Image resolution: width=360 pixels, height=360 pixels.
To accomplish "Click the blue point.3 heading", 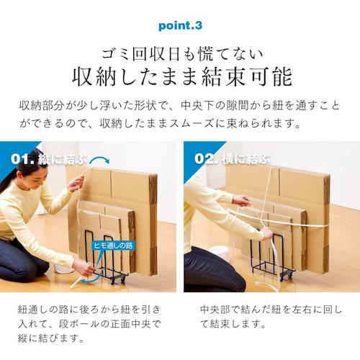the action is coord(180,26).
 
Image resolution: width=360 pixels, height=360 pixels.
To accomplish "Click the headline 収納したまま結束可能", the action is coord(182,77).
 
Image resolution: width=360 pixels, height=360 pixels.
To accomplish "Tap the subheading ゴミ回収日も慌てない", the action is coord(182,54).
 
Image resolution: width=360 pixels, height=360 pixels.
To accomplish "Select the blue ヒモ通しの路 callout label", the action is coord(113,246).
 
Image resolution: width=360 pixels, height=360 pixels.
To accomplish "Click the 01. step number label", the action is coord(22,159).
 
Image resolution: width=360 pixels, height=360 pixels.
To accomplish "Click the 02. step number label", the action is coord(206,158).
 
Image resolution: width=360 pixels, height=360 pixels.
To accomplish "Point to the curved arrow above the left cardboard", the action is coord(99,159).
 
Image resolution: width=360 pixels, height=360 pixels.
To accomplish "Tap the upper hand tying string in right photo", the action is coord(243,201).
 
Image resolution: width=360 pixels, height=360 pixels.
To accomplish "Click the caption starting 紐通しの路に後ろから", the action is coord(89,324).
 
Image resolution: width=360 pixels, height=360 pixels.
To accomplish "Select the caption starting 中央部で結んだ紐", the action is coord(271,317).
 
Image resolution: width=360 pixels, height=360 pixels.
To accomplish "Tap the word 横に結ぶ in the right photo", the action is coord(246,158).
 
